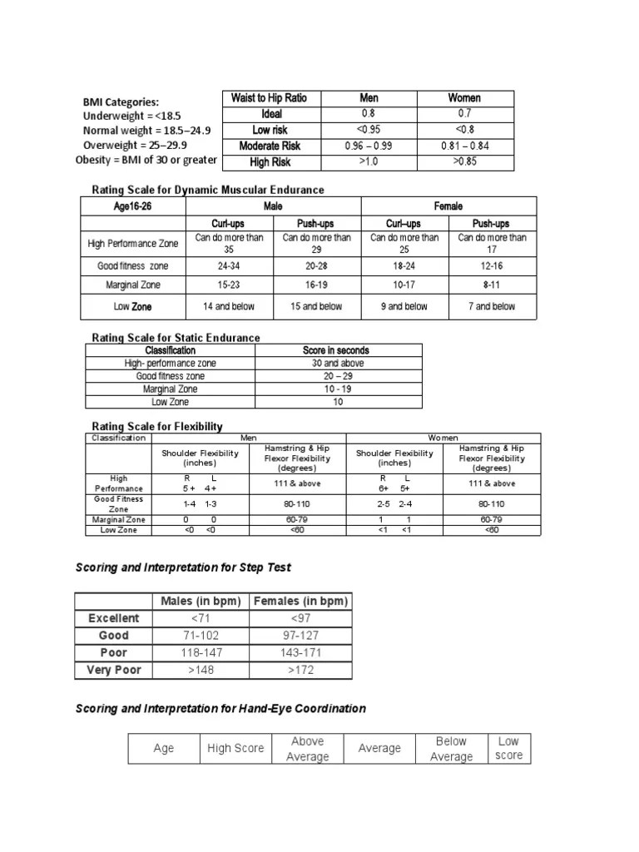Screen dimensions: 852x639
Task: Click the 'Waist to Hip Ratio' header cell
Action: [x=269, y=98]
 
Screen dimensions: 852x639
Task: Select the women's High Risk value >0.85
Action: [x=464, y=161]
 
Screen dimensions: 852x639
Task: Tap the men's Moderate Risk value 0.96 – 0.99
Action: [x=369, y=146]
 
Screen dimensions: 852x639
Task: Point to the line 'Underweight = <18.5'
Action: [x=131, y=116]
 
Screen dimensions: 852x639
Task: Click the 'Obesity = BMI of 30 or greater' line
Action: [x=146, y=160]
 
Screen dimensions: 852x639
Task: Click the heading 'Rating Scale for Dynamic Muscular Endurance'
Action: [x=207, y=190]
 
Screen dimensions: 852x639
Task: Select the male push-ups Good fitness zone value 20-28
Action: [x=317, y=266]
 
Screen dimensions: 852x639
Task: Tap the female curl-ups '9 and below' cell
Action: [x=404, y=306]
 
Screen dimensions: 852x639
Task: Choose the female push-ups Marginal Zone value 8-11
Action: [x=493, y=285]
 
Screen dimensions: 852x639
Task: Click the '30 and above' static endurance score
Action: [x=338, y=364]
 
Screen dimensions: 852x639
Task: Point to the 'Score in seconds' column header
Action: [x=338, y=350]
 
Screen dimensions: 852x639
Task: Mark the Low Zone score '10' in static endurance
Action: [x=338, y=402]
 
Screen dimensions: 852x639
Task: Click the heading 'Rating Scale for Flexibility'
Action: [x=156, y=426]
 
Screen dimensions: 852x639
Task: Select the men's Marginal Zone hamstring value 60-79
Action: [x=297, y=519]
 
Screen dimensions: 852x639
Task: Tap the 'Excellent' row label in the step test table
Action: [x=115, y=618]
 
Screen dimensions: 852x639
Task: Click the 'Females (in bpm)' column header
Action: [x=300, y=601]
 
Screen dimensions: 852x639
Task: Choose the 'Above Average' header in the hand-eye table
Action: [x=307, y=749]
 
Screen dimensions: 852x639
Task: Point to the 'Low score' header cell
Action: [x=509, y=748]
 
